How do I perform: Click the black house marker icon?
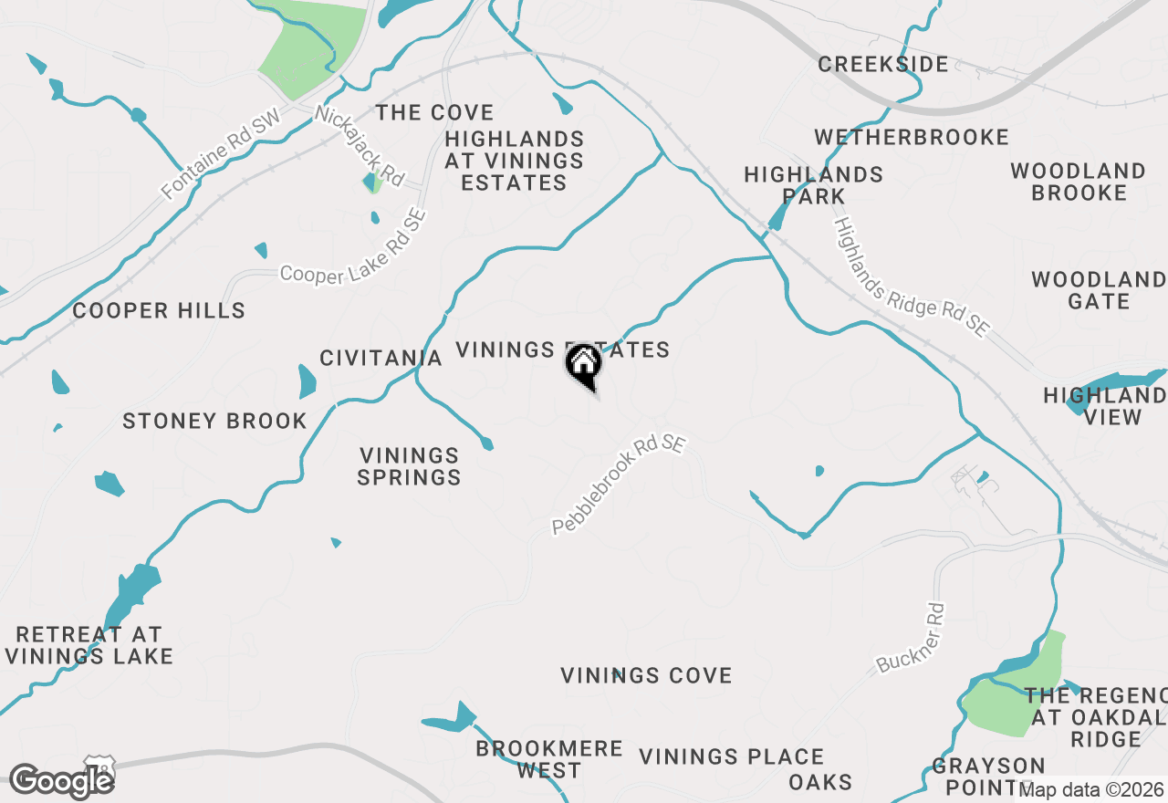[584, 367]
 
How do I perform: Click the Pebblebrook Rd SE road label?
[618, 485]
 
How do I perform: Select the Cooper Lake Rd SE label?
[353, 248]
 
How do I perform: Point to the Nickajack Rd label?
[360, 146]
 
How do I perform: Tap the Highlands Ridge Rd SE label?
[912, 277]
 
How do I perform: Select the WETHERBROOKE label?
[912, 138]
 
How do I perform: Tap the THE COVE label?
[435, 113]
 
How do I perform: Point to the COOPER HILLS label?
[159, 311]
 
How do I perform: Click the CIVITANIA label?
[381, 358]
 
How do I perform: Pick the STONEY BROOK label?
[215, 422]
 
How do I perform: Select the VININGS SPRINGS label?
[410, 466]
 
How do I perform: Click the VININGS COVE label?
[646, 676]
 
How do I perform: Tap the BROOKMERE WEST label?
[549, 760]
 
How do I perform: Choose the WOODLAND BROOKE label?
[1079, 182]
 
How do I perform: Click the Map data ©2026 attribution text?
[1091, 789]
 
